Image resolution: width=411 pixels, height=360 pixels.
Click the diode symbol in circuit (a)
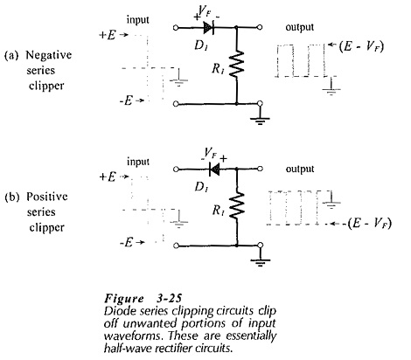[209, 28]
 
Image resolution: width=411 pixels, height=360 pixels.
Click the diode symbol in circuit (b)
[214, 169]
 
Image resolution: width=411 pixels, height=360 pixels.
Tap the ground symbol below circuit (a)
[260, 120]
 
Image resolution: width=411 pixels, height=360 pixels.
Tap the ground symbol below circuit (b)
[260, 261]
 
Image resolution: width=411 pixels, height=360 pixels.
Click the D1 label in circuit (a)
[201, 45]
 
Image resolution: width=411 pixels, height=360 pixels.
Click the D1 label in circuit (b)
[201, 187]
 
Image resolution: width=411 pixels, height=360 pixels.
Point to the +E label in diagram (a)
[108, 35]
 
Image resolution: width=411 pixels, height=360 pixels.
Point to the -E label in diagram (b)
[126, 242]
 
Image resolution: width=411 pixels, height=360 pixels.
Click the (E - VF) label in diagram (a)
[361, 46]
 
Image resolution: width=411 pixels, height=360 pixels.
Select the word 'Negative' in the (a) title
[49, 55]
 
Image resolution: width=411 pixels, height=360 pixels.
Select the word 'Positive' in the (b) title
[47, 197]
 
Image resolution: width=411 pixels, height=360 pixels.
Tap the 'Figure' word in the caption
[124, 299]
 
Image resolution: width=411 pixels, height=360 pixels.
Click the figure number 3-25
[169, 298]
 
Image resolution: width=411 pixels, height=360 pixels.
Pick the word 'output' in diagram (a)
[300, 27]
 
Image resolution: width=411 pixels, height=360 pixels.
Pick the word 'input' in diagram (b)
[138, 162]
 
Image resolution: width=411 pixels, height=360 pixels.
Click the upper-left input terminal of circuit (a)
[176, 28]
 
